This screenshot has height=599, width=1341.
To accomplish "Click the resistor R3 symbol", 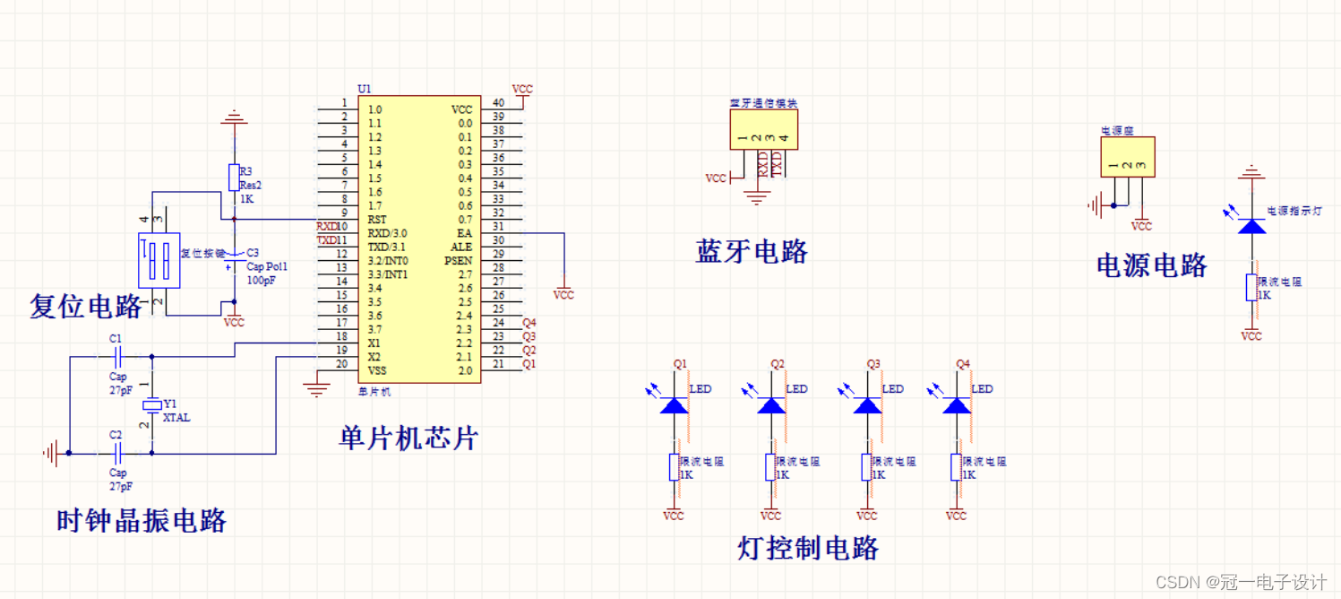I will click(x=234, y=178).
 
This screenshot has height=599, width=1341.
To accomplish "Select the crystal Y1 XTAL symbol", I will click(x=151, y=407).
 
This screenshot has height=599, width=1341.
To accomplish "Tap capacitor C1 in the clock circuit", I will click(x=116, y=356).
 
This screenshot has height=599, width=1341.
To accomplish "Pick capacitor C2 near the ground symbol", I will click(x=116, y=453).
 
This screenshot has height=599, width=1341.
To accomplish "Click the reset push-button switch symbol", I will click(x=159, y=261).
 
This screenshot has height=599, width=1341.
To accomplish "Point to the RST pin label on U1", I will click(x=377, y=219).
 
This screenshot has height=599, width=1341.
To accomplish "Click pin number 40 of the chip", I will click(x=498, y=103).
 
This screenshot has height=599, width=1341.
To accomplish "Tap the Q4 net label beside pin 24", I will click(x=529, y=323).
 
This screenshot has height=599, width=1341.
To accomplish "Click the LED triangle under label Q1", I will click(x=674, y=405).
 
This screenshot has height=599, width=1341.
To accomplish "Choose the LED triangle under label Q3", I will click(x=867, y=405).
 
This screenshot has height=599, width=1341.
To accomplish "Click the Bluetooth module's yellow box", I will click(x=762, y=129).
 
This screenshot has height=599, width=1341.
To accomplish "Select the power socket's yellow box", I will click(x=1127, y=157).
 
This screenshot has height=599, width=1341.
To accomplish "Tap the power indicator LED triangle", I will click(x=1251, y=225).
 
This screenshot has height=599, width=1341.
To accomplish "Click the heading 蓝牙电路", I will click(x=752, y=252).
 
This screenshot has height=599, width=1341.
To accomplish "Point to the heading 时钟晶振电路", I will click(x=142, y=520).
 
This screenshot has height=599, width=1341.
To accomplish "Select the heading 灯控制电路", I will click(x=809, y=548).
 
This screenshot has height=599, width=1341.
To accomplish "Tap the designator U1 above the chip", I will click(x=364, y=89).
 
